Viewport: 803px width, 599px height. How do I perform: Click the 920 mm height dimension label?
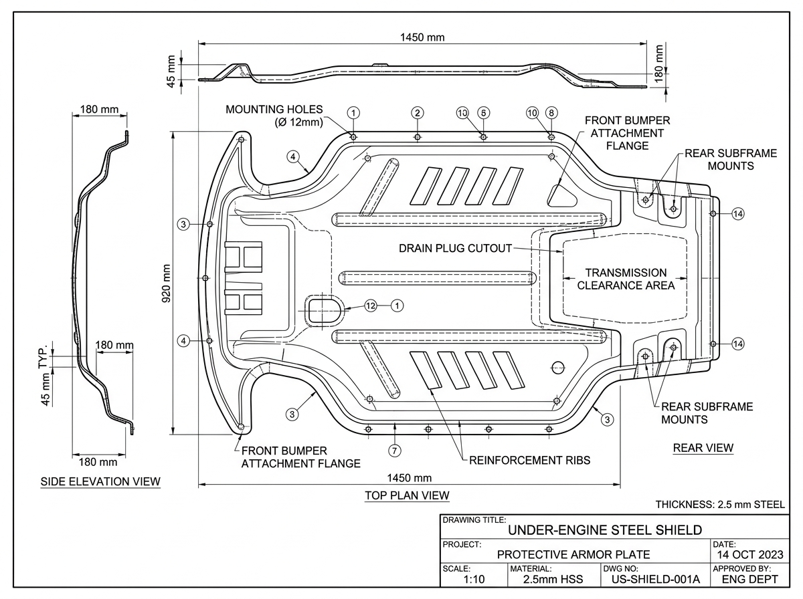tap(166, 283)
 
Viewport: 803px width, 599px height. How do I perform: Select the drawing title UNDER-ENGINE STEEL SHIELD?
tap(605, 530)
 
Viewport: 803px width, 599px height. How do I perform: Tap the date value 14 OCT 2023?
tap(750, 555)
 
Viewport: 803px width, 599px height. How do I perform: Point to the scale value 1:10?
tap(474, 579)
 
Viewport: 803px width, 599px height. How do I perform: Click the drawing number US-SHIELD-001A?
tap(656, 579)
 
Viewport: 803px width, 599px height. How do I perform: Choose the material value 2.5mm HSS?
tap(553, 579)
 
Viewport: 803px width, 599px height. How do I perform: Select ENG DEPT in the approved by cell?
tap(749, 579)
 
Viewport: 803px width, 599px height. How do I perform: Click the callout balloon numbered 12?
tap(371, 306)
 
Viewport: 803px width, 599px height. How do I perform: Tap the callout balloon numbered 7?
tap(394, 451)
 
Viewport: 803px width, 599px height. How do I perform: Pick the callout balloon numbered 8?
tap(551, 112)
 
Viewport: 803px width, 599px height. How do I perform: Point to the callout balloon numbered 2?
tap(418, 112)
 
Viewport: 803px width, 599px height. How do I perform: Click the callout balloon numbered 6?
tap(484, 112)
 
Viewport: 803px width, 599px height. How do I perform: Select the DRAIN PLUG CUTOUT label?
tap(455, 249)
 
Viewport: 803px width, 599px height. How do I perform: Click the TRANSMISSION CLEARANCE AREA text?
tap(626, 279)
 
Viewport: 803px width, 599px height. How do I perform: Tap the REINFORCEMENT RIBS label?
tap(530, 460)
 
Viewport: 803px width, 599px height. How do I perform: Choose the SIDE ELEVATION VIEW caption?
tap(100, 481)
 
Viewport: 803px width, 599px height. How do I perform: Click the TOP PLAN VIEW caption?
tap(407, 495)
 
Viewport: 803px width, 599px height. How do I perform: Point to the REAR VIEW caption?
tap(703, 448)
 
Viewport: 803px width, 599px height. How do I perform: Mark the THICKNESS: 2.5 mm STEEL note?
tap(720, 505)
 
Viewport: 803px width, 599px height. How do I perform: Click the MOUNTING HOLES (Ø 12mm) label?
tap(274, 116)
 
